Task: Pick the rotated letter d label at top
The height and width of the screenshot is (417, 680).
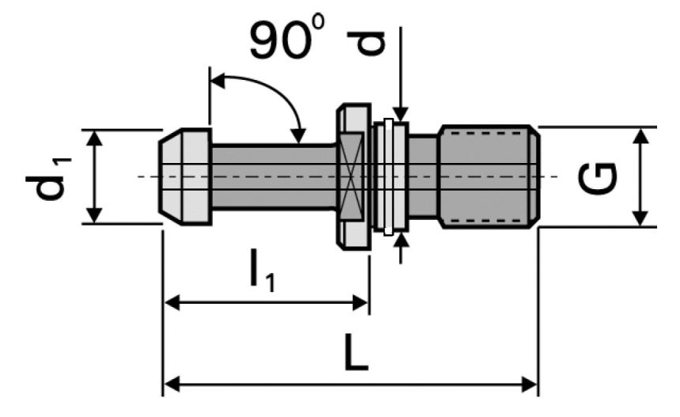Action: click(x=368, y=42)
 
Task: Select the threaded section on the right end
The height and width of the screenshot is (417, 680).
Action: click(x=489, y=176)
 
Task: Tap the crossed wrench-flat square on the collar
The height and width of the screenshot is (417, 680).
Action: click(x=350, y=176)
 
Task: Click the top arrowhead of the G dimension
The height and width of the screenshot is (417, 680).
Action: click(x=643, y=135)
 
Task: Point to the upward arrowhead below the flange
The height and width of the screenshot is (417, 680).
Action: click(x=402, y=241)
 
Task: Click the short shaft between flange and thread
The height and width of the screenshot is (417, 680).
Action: click(x=423, y=176)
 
